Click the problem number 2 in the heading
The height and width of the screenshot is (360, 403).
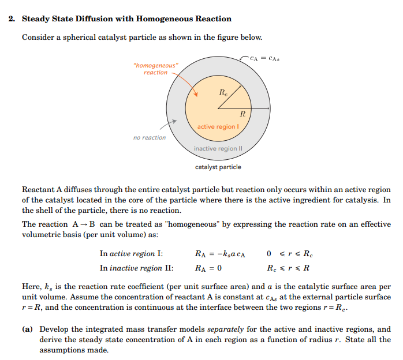pos(12,18)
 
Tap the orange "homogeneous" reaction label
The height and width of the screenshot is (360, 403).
pos(156,69)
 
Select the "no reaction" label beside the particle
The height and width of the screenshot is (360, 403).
pos(149,137)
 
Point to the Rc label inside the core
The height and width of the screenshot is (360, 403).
pos(223,92)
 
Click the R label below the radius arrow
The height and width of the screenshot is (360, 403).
pos(242,114)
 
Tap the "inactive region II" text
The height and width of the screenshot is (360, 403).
pos(218,148)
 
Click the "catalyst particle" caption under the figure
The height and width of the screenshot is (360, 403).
pos(218,167)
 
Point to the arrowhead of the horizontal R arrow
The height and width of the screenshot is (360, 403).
pos(267,108)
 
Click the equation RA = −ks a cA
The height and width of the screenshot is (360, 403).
pos(221,254)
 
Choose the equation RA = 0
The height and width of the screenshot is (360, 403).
pos(209,268)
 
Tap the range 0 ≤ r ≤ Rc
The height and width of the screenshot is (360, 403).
pos(290,254)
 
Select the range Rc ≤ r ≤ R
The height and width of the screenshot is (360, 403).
pos(288,268)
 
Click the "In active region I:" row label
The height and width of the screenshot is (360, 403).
pos(131,254)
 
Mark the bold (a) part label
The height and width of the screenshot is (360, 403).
pos(27,329)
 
